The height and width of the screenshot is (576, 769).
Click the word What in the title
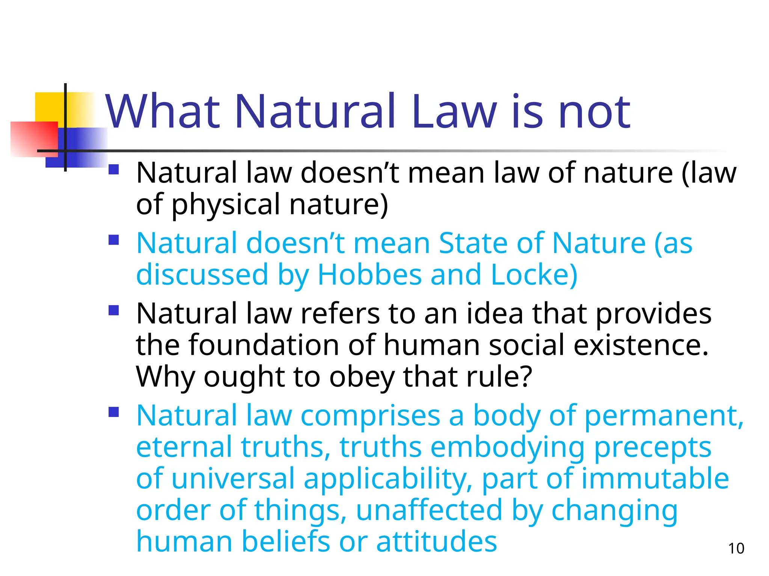pos(162,111)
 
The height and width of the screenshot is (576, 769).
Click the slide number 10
pos(736,548)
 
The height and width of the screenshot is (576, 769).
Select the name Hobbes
pos(369,274)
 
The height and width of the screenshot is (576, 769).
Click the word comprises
pos(370,415)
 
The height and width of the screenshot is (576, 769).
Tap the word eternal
pos(184,447)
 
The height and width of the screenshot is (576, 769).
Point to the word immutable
pos(655,478)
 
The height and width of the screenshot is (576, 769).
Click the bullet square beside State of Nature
pos(113,240)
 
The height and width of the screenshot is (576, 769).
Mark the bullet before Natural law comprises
pos(113,412)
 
